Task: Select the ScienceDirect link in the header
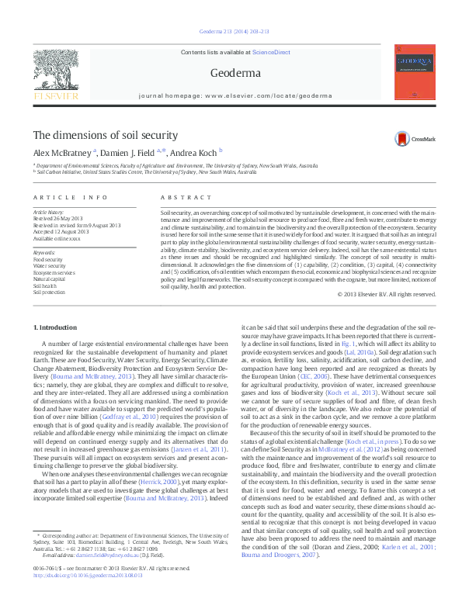click(271, 52)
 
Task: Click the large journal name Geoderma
click(230, 74)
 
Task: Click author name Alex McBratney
click(63, 153)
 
